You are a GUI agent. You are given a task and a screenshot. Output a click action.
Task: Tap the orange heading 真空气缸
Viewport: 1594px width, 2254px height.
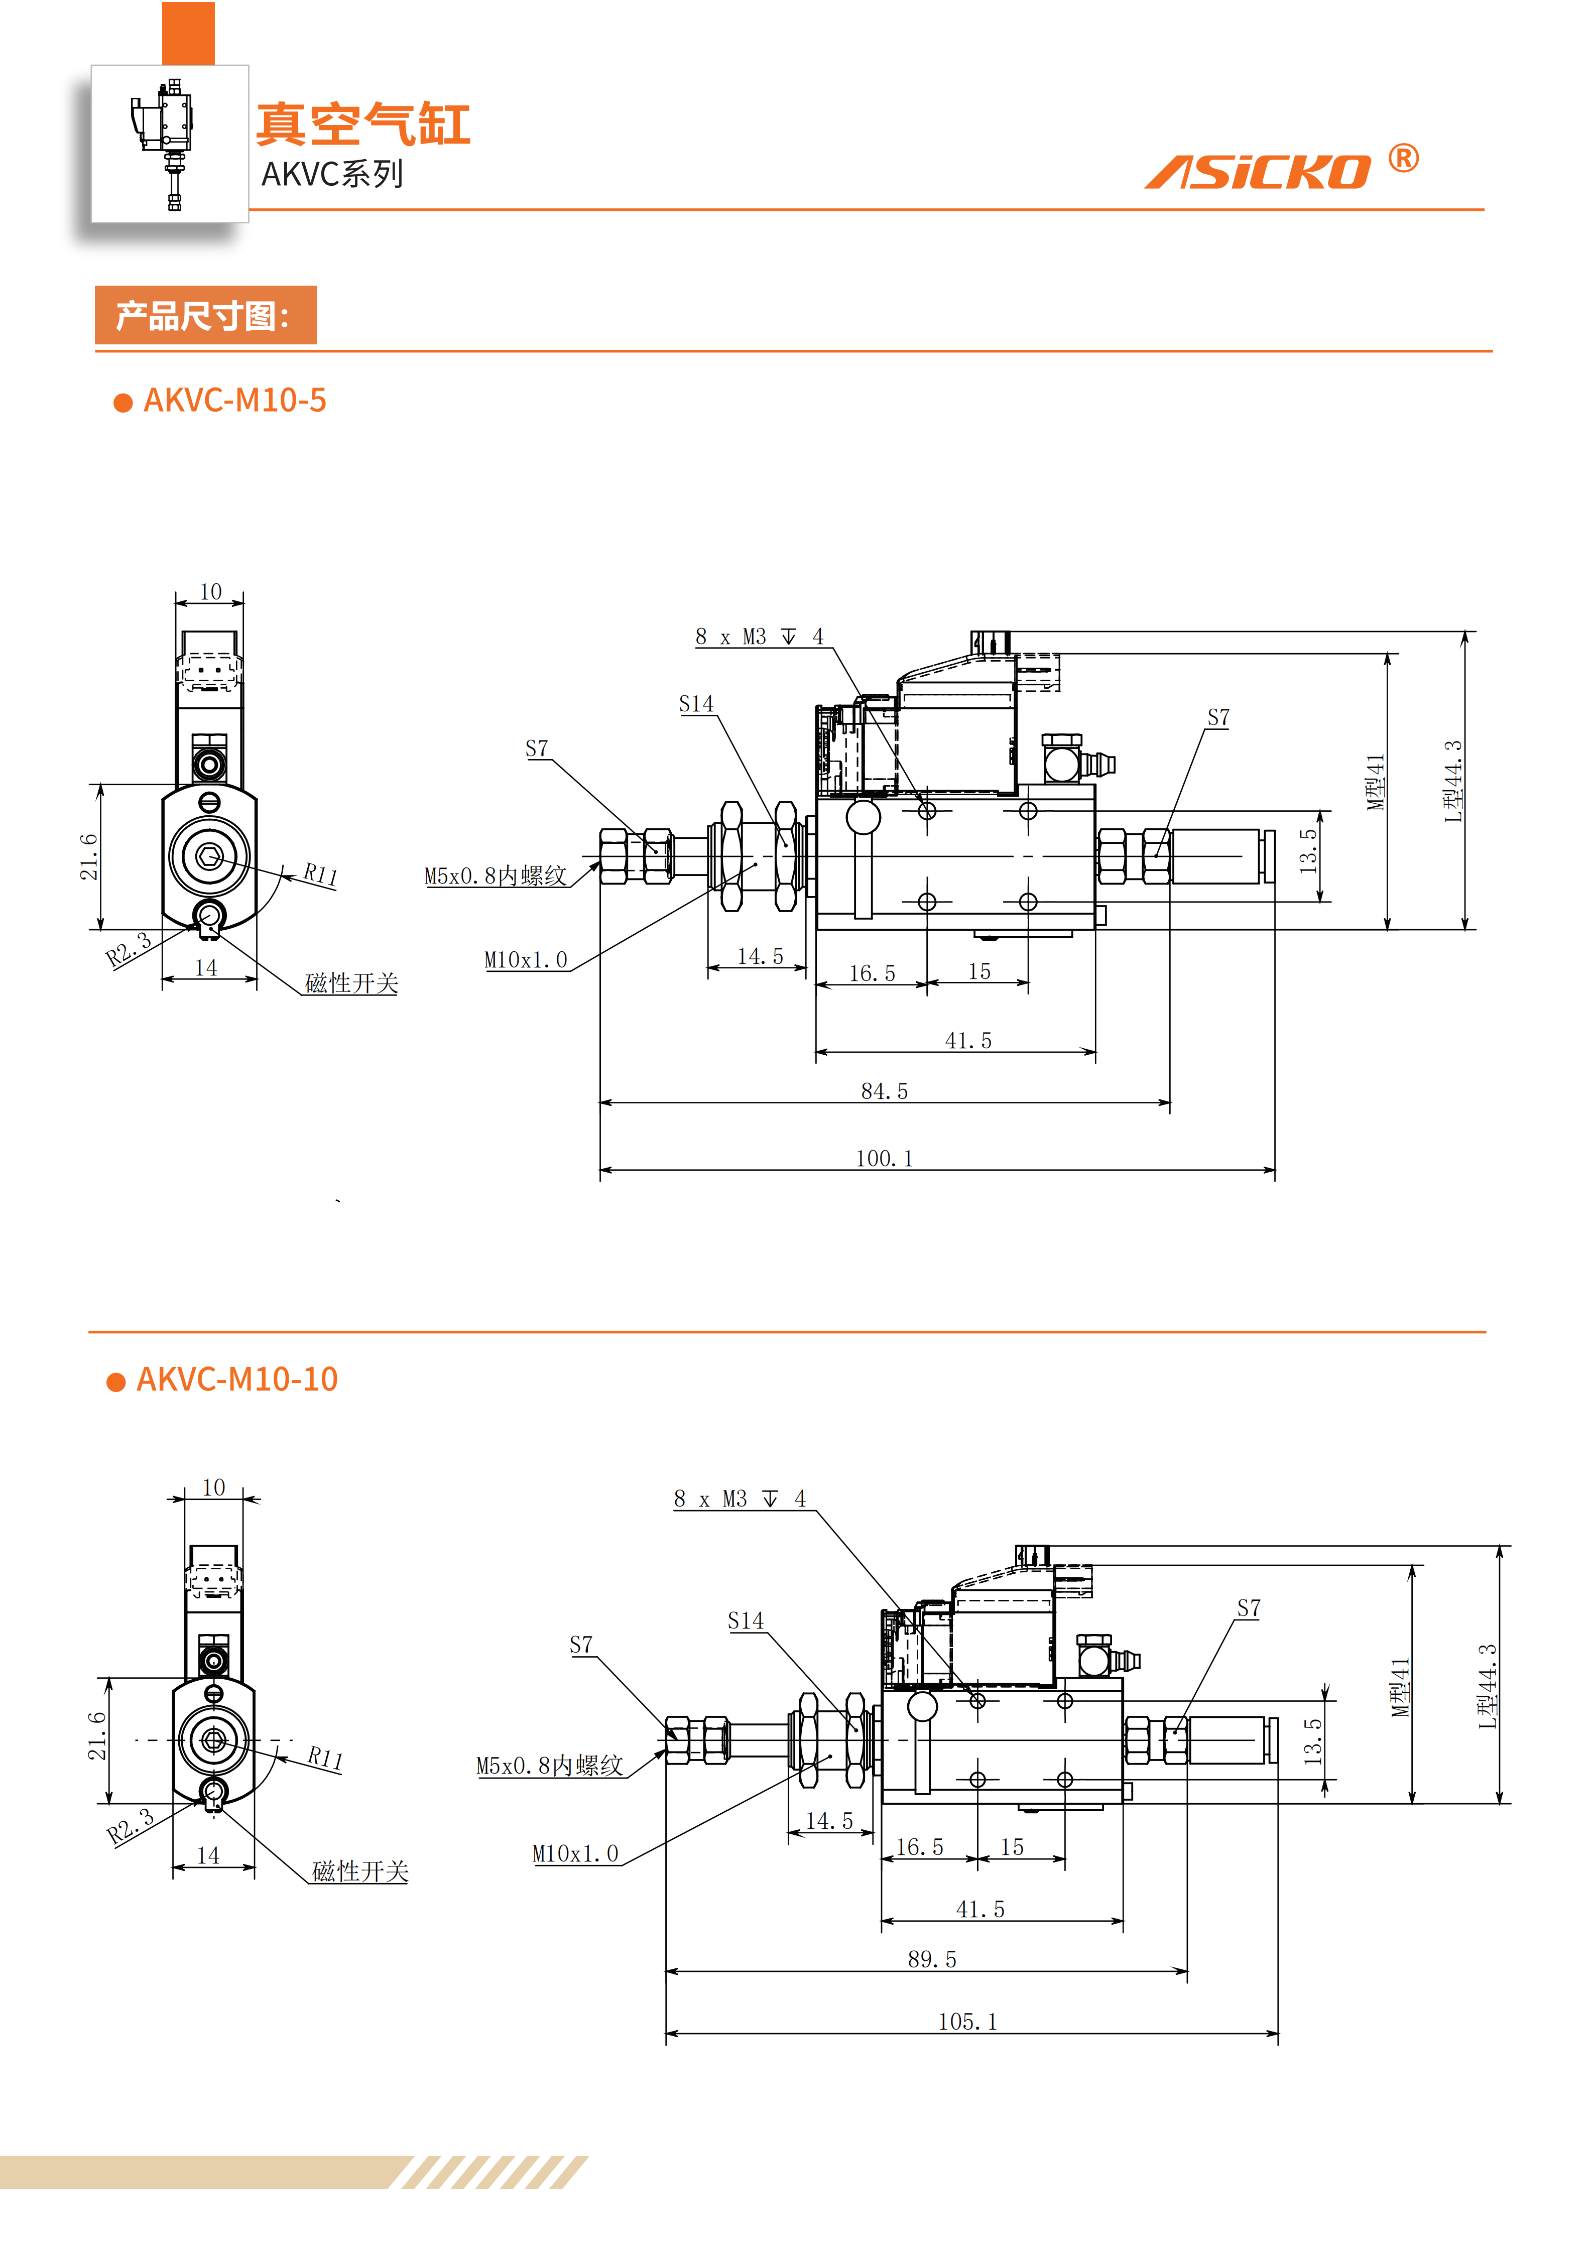click(x=363, y=124)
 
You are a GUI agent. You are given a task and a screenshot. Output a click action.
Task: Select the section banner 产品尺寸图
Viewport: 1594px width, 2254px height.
click(x=205, y=315)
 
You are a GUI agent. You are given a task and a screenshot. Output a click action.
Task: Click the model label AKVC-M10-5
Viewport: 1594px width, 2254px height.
click(x=234, y=401)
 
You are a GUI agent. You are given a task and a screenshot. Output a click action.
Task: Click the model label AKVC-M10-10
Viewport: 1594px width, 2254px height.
click(x=236, y=1380)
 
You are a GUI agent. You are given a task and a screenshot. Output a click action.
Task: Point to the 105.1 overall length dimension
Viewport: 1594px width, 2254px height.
click(x=968, y=2022)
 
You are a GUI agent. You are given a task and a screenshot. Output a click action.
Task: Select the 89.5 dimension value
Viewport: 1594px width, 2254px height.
click(x=931, y=1958)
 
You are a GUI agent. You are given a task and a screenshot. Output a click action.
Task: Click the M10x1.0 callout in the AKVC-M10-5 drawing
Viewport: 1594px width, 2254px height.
click(x=526, y=960)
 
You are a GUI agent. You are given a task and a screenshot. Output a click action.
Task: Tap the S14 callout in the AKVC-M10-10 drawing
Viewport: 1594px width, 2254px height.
click(x=746, y=1621)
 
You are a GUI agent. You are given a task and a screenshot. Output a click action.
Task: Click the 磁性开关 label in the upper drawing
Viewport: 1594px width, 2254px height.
click(x=351, y=983)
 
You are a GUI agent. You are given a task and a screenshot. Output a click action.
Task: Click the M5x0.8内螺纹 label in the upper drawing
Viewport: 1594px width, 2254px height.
click(x=496, y=875)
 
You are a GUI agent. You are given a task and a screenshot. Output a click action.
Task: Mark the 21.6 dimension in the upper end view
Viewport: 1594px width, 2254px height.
click(x=89, y=856)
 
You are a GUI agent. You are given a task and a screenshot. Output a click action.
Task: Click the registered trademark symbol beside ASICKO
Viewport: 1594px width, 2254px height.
click(x=1404, y=158)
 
